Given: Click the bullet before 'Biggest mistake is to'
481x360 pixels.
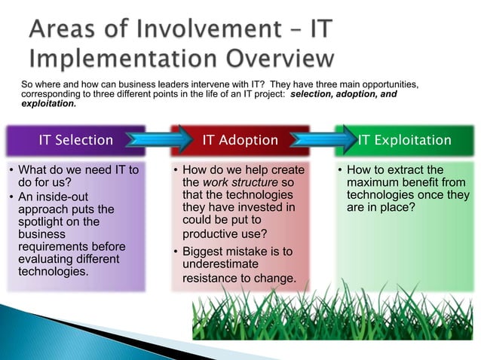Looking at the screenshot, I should (x=176, y=252).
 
